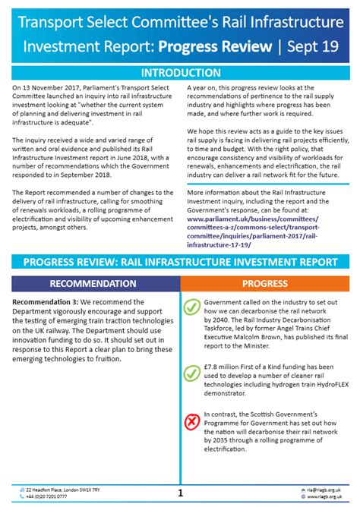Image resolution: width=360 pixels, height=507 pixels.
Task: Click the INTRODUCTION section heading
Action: point(180,73)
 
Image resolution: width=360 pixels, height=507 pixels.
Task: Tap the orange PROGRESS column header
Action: point(264,283)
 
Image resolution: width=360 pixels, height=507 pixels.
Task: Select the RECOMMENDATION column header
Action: point(93,283)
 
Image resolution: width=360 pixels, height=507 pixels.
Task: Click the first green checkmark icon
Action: point(193,307)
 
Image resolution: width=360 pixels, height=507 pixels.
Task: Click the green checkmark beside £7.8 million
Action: point(193,373)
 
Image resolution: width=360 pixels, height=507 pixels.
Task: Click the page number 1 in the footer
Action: point(180,492)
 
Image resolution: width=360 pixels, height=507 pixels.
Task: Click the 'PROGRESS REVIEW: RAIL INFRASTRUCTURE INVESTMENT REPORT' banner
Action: point(180,262)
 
